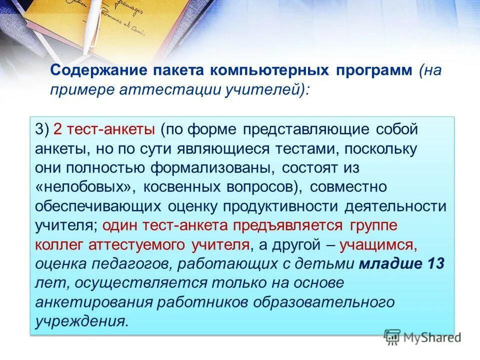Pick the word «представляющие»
[x=305, y=130]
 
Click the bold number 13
[x=433, y=263]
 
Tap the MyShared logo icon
[x=393, y=337]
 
